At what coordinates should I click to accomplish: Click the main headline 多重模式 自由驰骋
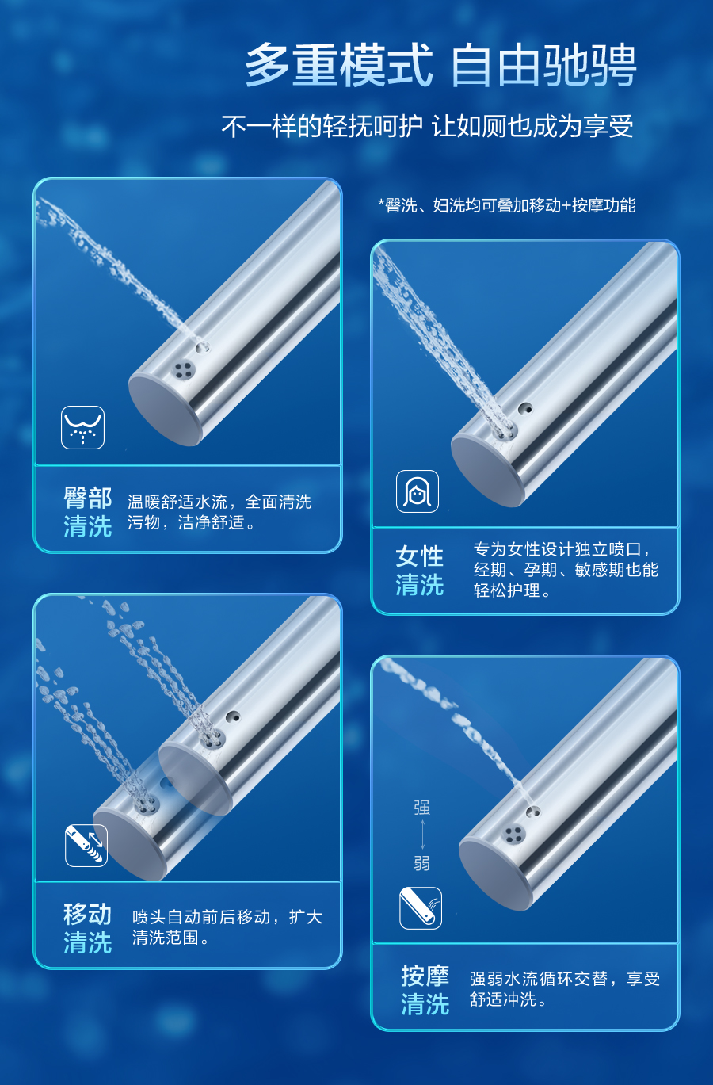[440, 66]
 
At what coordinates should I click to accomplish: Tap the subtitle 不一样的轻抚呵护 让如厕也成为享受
[428, 127]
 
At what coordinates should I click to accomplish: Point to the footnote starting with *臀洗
[507, 205]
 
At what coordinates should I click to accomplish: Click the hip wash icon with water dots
[82, 427]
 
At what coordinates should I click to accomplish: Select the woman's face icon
[418, 491]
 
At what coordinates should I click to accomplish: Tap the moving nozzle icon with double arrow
[86, 845]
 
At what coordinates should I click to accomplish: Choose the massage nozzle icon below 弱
[421, 907]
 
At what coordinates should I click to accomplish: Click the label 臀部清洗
[88, 512]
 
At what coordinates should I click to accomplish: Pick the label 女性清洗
[420, 570]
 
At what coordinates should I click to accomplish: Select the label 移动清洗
[88, 927]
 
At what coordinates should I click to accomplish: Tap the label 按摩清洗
[425, 989]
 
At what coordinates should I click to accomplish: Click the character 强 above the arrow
[422, 808]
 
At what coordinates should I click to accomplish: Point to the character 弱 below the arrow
[422, 863]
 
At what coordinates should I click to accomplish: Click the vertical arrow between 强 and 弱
[422, 835]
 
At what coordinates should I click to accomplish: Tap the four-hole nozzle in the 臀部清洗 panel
[184, 369]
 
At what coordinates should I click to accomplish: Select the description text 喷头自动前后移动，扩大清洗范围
[227, 927]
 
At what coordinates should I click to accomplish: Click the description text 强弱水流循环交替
[538, 979]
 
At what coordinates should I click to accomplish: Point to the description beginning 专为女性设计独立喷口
[566, 570]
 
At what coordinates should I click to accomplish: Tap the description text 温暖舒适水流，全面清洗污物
[219, 512]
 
